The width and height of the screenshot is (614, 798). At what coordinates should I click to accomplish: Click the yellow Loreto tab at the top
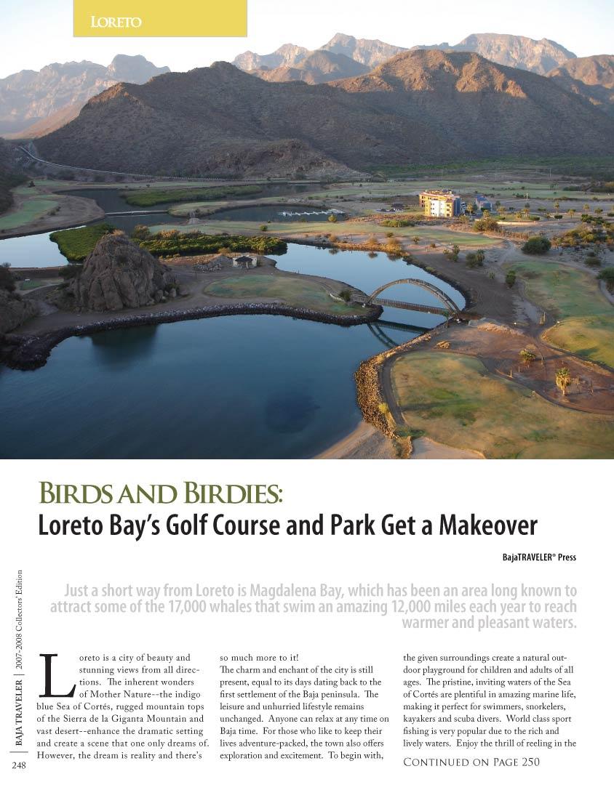(x=160, y=19)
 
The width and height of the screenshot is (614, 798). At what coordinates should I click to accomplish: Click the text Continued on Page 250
(x=472, y=762)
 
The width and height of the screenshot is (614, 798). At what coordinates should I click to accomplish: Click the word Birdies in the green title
(x=226, y=494)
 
